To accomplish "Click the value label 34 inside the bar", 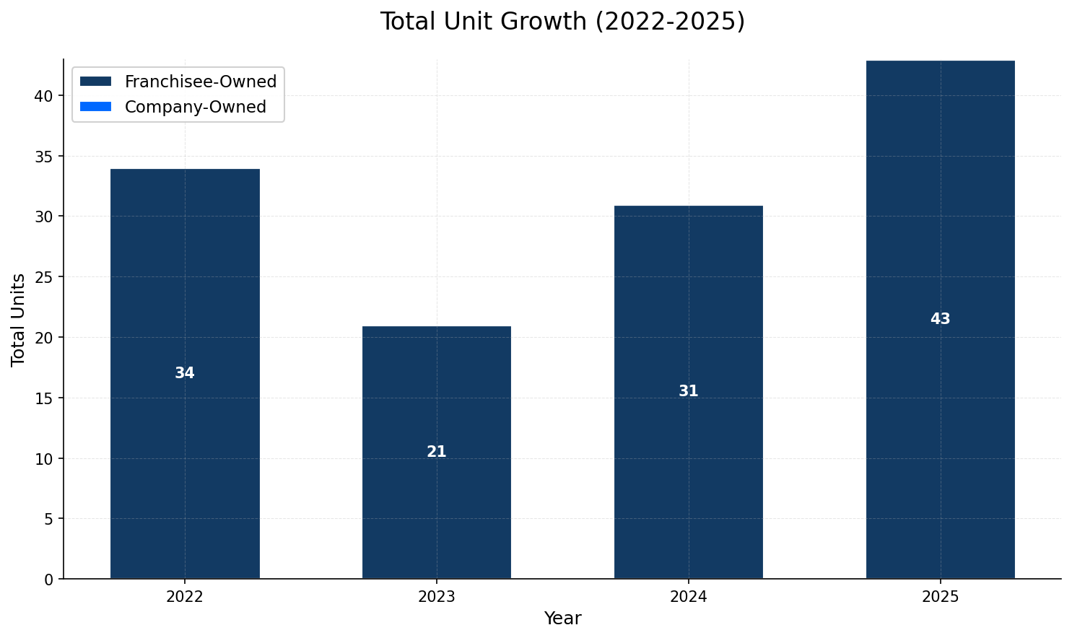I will tap(185, 373).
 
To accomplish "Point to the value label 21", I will tap(437, 452).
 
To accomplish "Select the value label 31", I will tap(689, 391).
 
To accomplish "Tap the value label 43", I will tap(940, 319).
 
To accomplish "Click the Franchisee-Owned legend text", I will tap(201, 82).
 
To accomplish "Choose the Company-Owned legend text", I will tap(196, 107).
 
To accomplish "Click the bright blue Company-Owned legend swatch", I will tap(96, 107).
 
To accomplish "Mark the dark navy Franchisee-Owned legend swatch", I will tap(96, 82).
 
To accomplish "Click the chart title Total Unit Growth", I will tap(562, 22).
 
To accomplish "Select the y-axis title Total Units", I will tap(19, 319).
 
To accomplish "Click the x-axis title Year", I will tap(562, 619).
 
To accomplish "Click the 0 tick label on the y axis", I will tap(48, 580).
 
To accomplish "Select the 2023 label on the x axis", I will tap(437, 597).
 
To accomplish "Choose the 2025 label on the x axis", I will tap(940, 597).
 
